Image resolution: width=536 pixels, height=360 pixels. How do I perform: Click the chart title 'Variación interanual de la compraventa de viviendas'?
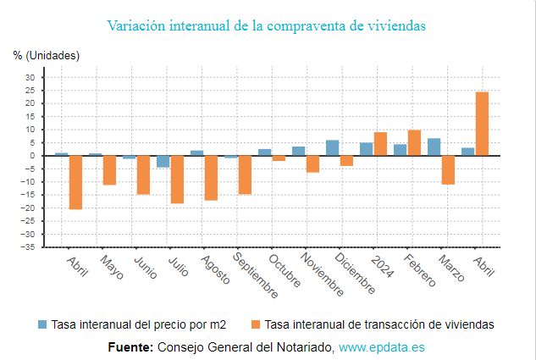pos(267,25)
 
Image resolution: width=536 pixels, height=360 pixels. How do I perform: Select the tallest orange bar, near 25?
pos(482,124)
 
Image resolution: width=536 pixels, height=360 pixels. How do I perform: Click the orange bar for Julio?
pos(177,179)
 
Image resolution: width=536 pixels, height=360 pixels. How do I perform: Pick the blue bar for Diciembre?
pos(333,148)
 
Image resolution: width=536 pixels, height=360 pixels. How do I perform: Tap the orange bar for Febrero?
pos(414,142)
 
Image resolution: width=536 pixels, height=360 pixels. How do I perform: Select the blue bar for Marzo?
pos(434,147)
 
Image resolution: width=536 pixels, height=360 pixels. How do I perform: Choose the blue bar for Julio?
pos(163,161)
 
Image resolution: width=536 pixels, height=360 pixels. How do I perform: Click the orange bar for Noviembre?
pos(312,163)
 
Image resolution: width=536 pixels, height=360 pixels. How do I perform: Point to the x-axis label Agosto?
pos(216,270)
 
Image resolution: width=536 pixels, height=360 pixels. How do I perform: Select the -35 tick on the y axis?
pos(28,246)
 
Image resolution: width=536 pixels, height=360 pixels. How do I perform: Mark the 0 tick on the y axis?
pos(31,156)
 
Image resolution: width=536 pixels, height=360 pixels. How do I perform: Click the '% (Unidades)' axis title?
pos(47,55)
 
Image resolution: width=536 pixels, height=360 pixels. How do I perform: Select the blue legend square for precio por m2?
pos(42,324)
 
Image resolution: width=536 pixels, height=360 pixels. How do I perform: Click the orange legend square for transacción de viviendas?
pos(256,324)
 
